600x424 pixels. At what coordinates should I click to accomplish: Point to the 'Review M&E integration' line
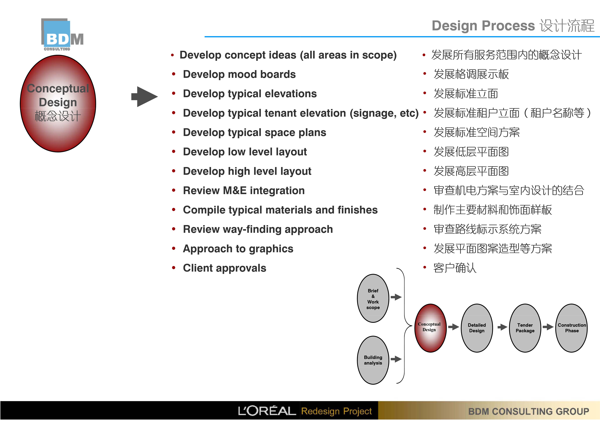[x=244, y=190]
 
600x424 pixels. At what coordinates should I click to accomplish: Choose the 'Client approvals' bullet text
[x=225, y=268]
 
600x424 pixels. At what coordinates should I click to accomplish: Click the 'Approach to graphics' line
[x=238, y=249]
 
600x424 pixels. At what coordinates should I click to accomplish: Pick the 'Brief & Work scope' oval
[x=373, y=298]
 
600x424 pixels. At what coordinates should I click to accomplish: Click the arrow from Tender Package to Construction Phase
[x=548, y=327]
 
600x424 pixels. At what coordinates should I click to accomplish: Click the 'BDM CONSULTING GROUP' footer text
[x=528, y=411]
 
